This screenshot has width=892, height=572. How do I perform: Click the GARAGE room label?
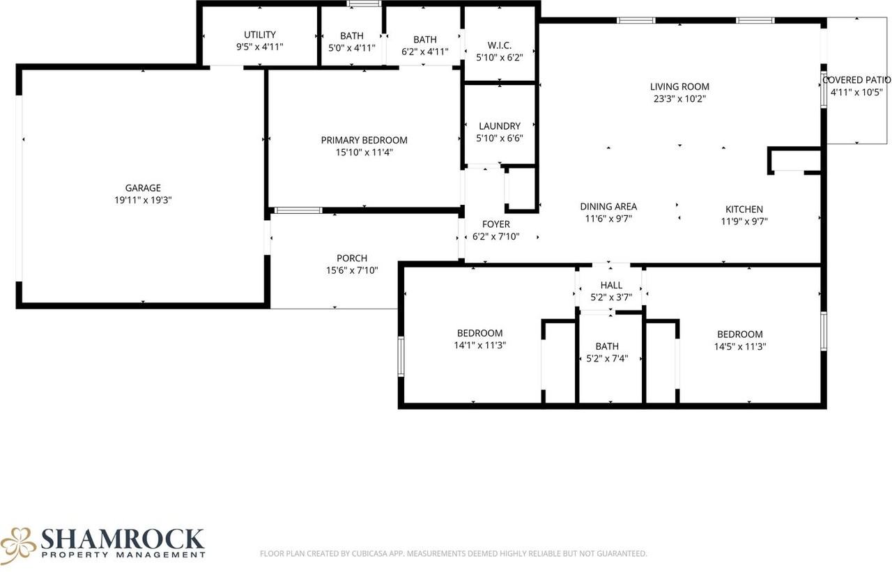click(x=143, y=188)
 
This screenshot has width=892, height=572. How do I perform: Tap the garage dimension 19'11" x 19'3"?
click(x=143, y=200)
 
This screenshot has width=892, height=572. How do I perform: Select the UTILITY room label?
click(x=260, y=35)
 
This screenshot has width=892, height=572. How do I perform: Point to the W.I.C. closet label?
click(x=500, y=45)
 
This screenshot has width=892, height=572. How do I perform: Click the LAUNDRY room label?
click(x=500, y=126)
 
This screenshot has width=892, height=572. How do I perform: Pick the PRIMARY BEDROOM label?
click(x=364, y=140)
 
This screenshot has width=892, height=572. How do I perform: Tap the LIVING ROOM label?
click(x=679, y=87)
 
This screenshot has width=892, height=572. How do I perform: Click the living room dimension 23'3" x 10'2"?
click(x=679, y=99)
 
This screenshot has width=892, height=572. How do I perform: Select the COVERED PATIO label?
click(x=856, y=80)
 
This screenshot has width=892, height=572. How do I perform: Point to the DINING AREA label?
click(x=608, y=207)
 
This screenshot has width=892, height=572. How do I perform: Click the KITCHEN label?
click(x=744, y=210)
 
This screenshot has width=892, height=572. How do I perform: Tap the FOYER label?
click(x=495, y=224)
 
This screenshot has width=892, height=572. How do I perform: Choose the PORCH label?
click(x=352, y=258)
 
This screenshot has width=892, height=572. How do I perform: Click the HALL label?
click(x=611, y=285)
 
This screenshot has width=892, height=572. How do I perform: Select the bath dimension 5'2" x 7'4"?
click(x=607, y=359)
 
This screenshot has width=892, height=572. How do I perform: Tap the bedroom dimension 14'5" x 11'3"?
click(x=740, y=347)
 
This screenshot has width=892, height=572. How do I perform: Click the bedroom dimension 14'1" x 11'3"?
click(x=480, y=345)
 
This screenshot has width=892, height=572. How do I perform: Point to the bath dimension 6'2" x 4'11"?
click(x=425, y=52)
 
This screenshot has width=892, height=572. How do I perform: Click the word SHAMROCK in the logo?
click(x=122, y=539)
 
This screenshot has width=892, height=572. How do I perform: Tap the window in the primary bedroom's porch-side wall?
click(x=298, y=210)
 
